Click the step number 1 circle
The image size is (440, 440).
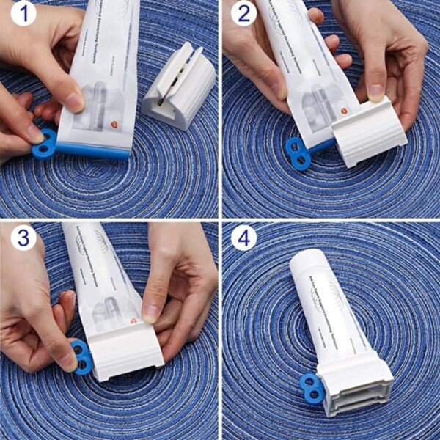pyautogui.click(x=23, y=12)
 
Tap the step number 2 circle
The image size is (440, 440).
pyautogui.click(x=243, y=12)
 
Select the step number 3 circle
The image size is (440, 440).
pyautogui.click(x=23, y=238)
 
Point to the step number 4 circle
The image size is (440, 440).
pyautogui.click(x=243, y=238)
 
